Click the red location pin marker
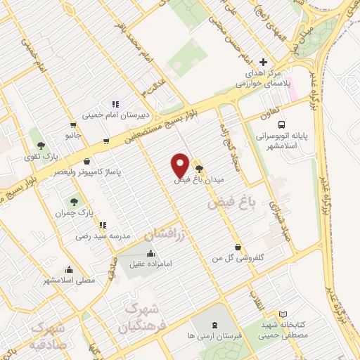[180, 165]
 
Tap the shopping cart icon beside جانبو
[105, 141]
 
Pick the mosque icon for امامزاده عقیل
[150, 254]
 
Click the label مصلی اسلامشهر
[69, 280]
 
